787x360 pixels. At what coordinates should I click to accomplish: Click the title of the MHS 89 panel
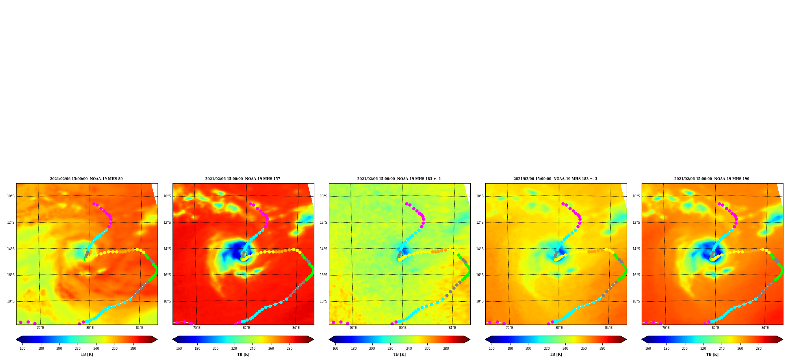[86, 179]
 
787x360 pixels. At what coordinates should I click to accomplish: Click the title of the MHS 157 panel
[243, 179]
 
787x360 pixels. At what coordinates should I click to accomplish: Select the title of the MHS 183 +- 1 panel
[399, 179]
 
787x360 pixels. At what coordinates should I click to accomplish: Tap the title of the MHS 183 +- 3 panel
[555, 179]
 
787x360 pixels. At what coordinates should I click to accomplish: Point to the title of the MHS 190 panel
[712, 179]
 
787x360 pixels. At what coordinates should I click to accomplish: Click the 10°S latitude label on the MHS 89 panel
[11, 196]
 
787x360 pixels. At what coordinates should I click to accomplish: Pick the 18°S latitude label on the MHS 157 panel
[167, 301]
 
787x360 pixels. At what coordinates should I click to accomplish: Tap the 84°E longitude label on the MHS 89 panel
[139, 328]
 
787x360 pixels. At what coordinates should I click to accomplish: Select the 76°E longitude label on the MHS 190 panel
[666, 328]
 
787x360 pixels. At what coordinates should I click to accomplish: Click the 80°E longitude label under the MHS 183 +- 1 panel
[403, 328]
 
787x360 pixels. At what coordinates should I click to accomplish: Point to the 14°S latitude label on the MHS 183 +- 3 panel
[480, 249]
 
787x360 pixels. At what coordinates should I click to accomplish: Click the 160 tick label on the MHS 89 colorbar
[22, 349]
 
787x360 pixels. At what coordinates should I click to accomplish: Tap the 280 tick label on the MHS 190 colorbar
[759, 349]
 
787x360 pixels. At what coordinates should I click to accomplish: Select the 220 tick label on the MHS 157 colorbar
[234, 349]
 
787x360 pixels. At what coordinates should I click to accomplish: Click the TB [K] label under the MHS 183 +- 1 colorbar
[399, 354]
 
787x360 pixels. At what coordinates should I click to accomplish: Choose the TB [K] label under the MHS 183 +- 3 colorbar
[556, 354]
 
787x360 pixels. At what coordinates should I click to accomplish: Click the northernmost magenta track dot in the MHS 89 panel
[94, 204]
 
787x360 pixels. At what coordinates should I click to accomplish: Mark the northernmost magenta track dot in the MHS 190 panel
[719, 204]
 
